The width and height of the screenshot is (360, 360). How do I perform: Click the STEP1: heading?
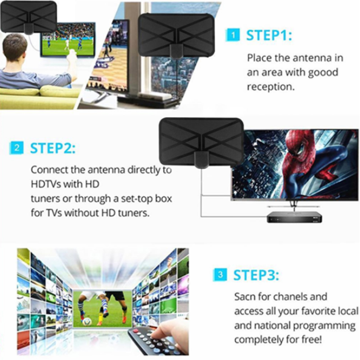point(269,35)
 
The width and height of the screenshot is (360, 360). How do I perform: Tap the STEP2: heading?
point(53,148)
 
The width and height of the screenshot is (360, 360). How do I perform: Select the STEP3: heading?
point(256,275)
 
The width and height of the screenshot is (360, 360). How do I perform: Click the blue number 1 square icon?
point(233,35)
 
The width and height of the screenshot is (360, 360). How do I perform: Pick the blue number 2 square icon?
point(17,148)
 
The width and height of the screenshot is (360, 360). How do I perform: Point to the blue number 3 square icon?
point(220,274)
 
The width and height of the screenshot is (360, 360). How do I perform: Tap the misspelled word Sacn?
point(245,297)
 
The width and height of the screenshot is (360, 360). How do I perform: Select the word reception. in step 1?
point(271,87)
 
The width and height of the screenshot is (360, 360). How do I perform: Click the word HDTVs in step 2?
point(46,184)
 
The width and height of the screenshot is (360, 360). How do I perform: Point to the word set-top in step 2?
point(137,199)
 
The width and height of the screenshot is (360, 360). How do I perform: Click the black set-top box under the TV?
point(294,217)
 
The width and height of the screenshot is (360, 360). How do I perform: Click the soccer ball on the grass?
point(86,321)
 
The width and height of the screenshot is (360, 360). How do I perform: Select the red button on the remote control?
point(136,331)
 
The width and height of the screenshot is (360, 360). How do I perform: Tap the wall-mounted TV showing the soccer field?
point(68,40)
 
